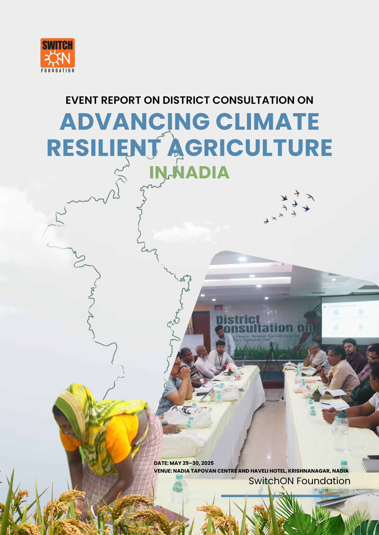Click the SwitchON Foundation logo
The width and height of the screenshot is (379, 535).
pos(57,55)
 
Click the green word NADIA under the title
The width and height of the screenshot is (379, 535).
pos(201,173)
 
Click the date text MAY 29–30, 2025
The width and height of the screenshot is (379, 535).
pos(192,463)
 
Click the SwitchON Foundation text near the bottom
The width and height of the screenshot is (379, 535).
pos(299,481)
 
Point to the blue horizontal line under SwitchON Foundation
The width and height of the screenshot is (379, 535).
pos(280,496)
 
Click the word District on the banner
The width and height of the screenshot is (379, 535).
pos(238,320)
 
